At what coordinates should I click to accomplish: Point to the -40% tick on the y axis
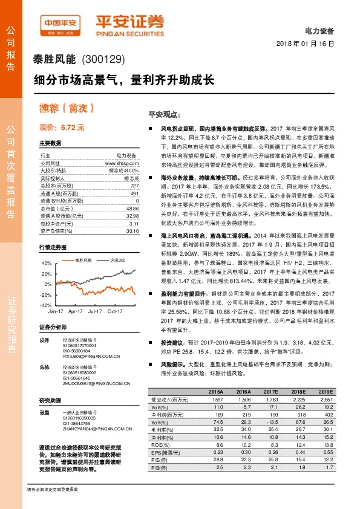[46, 306]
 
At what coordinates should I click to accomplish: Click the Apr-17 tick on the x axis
[76, 311]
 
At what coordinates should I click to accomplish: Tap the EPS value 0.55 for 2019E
[327, 452]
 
